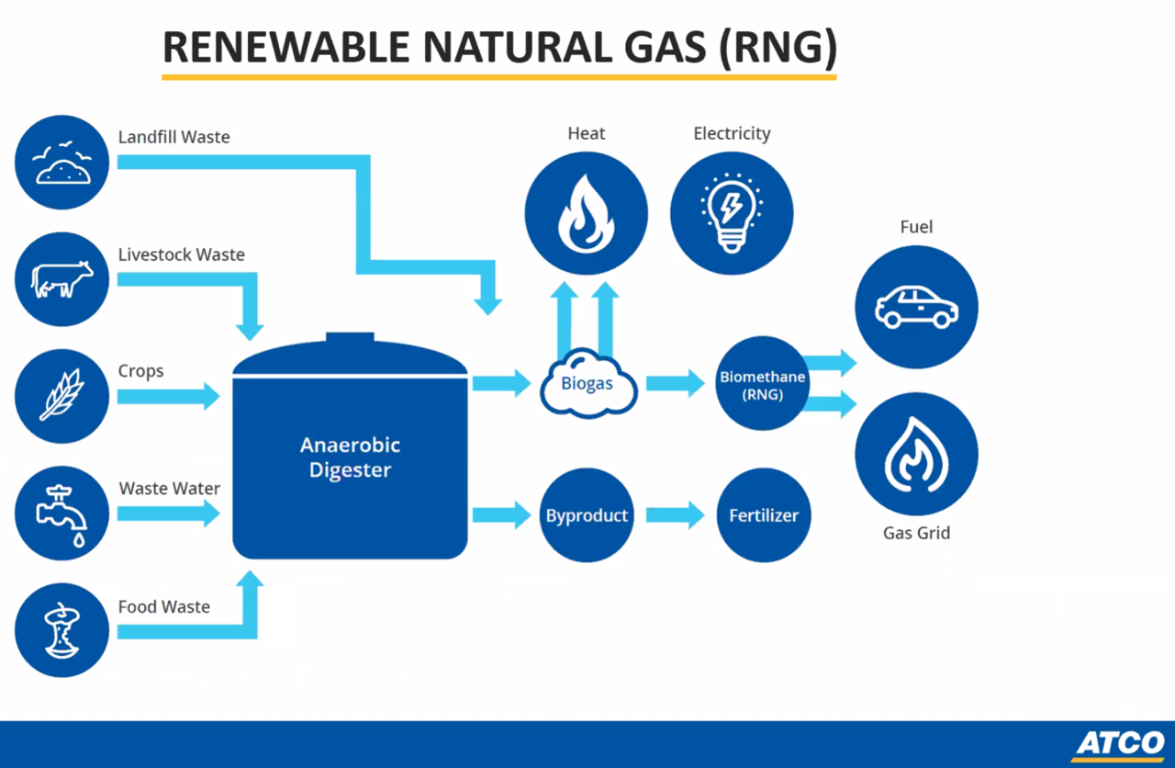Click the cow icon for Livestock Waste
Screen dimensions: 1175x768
pos(62,279)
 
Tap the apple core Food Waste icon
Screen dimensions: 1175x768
pos(62,630)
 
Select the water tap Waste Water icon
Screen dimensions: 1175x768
pos(62,514)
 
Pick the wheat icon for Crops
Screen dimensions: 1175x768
pos(62,396)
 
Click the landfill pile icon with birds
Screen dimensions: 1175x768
pos(62,163)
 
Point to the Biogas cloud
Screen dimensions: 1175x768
pos(588,383)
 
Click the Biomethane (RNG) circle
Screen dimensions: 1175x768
pos(762,384)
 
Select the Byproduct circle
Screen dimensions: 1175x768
pos(587,515)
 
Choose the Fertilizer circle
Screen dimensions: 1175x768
pos(764,515)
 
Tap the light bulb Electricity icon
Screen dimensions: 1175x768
pos(732,213)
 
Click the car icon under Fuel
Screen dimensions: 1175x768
pos(916,307)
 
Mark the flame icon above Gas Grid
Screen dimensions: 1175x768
pos(916,454)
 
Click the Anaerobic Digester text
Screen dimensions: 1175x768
pos(351,457)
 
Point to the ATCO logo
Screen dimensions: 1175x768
pos(1121,744)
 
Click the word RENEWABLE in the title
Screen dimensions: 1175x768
pos(286,47)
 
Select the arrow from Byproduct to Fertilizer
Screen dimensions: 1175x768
pos(675,515)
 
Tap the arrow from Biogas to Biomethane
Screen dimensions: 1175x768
pos(675,383)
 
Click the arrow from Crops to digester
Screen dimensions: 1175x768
pos(168,396)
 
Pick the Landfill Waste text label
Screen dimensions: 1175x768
pos(174,137)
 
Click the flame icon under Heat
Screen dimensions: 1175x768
pos(587,213)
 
